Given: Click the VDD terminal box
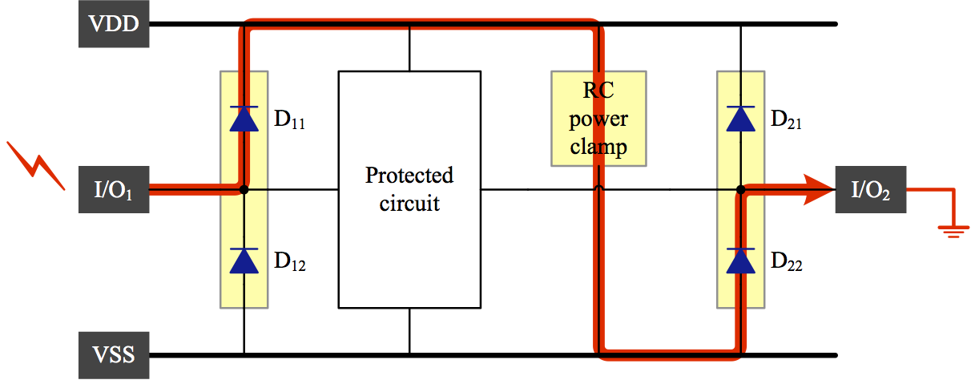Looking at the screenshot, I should [114, 24].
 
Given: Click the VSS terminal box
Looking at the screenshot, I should [114, 354].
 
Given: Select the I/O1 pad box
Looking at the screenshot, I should [114, 190].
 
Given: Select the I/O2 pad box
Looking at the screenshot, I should [871, 190].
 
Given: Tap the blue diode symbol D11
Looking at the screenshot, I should [244, 119].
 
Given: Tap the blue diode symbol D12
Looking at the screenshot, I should [244, 261].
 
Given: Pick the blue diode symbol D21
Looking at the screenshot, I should [740, 119].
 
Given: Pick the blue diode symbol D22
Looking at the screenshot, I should [740, 261].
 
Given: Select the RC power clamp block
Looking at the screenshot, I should [598, 119].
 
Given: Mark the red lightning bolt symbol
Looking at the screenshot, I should [36, 165].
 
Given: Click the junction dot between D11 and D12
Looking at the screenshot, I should [244, 190].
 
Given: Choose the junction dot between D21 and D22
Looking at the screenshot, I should [741, 190].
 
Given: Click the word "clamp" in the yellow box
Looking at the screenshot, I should [598, 148].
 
